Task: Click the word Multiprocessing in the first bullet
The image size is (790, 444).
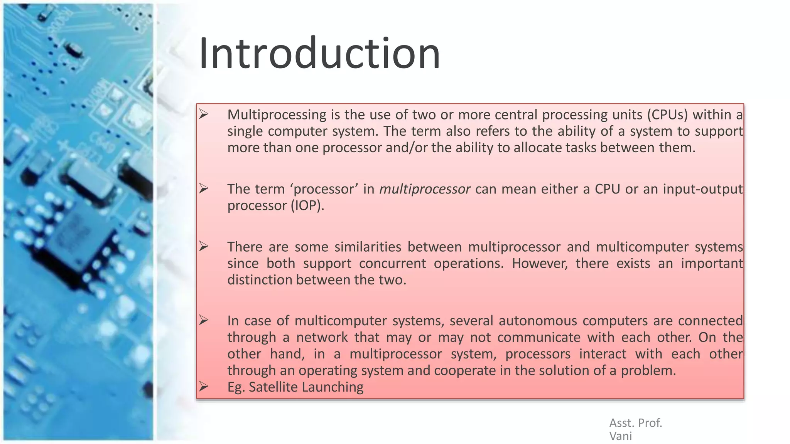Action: click(x=277, y=114)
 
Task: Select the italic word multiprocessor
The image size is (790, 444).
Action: click(x=425, y=189)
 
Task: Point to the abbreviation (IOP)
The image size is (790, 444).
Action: click(x=307, y=205)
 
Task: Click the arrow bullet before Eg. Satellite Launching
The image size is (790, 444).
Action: click(x=204, y=386)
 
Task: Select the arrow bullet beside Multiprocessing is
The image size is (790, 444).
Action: click(x=204, y=114)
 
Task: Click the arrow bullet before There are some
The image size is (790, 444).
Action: click(x=204, y=246)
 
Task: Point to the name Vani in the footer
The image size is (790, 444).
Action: click(x=620, y=436)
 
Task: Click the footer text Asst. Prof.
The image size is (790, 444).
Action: click(x=635, y=423)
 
